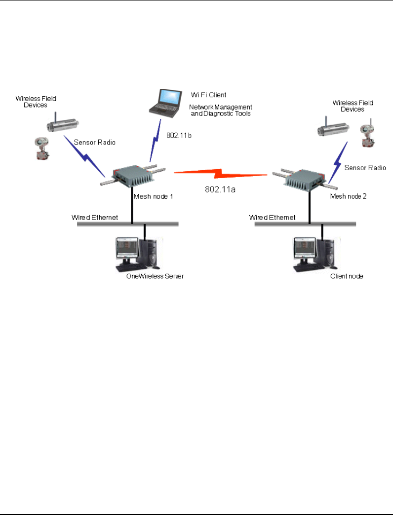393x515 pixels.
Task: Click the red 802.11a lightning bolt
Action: point(221,174)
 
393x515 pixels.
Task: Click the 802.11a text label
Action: point(221,188)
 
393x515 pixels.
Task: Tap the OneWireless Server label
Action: point(155,276)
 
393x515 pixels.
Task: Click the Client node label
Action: point(347,276)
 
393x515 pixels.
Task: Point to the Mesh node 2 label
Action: point(349,196)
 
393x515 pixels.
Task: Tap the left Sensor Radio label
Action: point(94,142)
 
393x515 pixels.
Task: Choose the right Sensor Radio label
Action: point(365,168)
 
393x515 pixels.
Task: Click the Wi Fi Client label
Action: point(208,94)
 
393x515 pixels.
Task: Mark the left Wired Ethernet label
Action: point(95,217)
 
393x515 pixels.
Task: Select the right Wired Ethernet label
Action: point(273,217)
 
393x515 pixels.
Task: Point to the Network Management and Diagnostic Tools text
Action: point(221,110)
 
